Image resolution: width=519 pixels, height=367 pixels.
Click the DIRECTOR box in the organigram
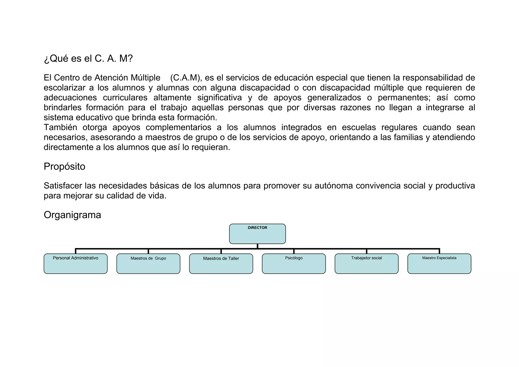pyautogui.click(x=257, y=234)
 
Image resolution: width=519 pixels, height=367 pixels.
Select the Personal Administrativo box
pyautogui.click(x=76, y=264)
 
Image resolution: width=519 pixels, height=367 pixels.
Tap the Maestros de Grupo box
pyautogui.click(x=148, y=264)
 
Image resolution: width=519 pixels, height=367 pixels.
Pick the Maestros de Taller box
pyautogui.click(x=221, y=264)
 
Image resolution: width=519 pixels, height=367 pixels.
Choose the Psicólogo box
pyautogui.click(x=294, y=264)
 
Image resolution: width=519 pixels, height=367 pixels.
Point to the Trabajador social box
pyautogui.click(x=366, y=264)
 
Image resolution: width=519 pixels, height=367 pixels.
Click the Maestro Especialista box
pyautogui.click(x=439, y=264)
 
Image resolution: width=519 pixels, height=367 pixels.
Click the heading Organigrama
pyautogui.click(x=72, y=215)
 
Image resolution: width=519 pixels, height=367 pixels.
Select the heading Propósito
pyautogui.click(x=64, y=167)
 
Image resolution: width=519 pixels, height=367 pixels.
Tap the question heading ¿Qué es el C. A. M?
pyautogui.click(x=88, y=59)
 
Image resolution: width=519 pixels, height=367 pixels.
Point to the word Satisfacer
pyautogui.click(x=63, y=186)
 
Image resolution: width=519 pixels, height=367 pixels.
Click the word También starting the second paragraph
pyautogui.click(x=60, y=127)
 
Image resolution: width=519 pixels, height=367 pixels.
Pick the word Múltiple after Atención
pyautogui.click(x=145, y=78)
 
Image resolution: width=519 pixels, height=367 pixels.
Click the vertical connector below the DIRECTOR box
pyautogui.click(x=257, y=246)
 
